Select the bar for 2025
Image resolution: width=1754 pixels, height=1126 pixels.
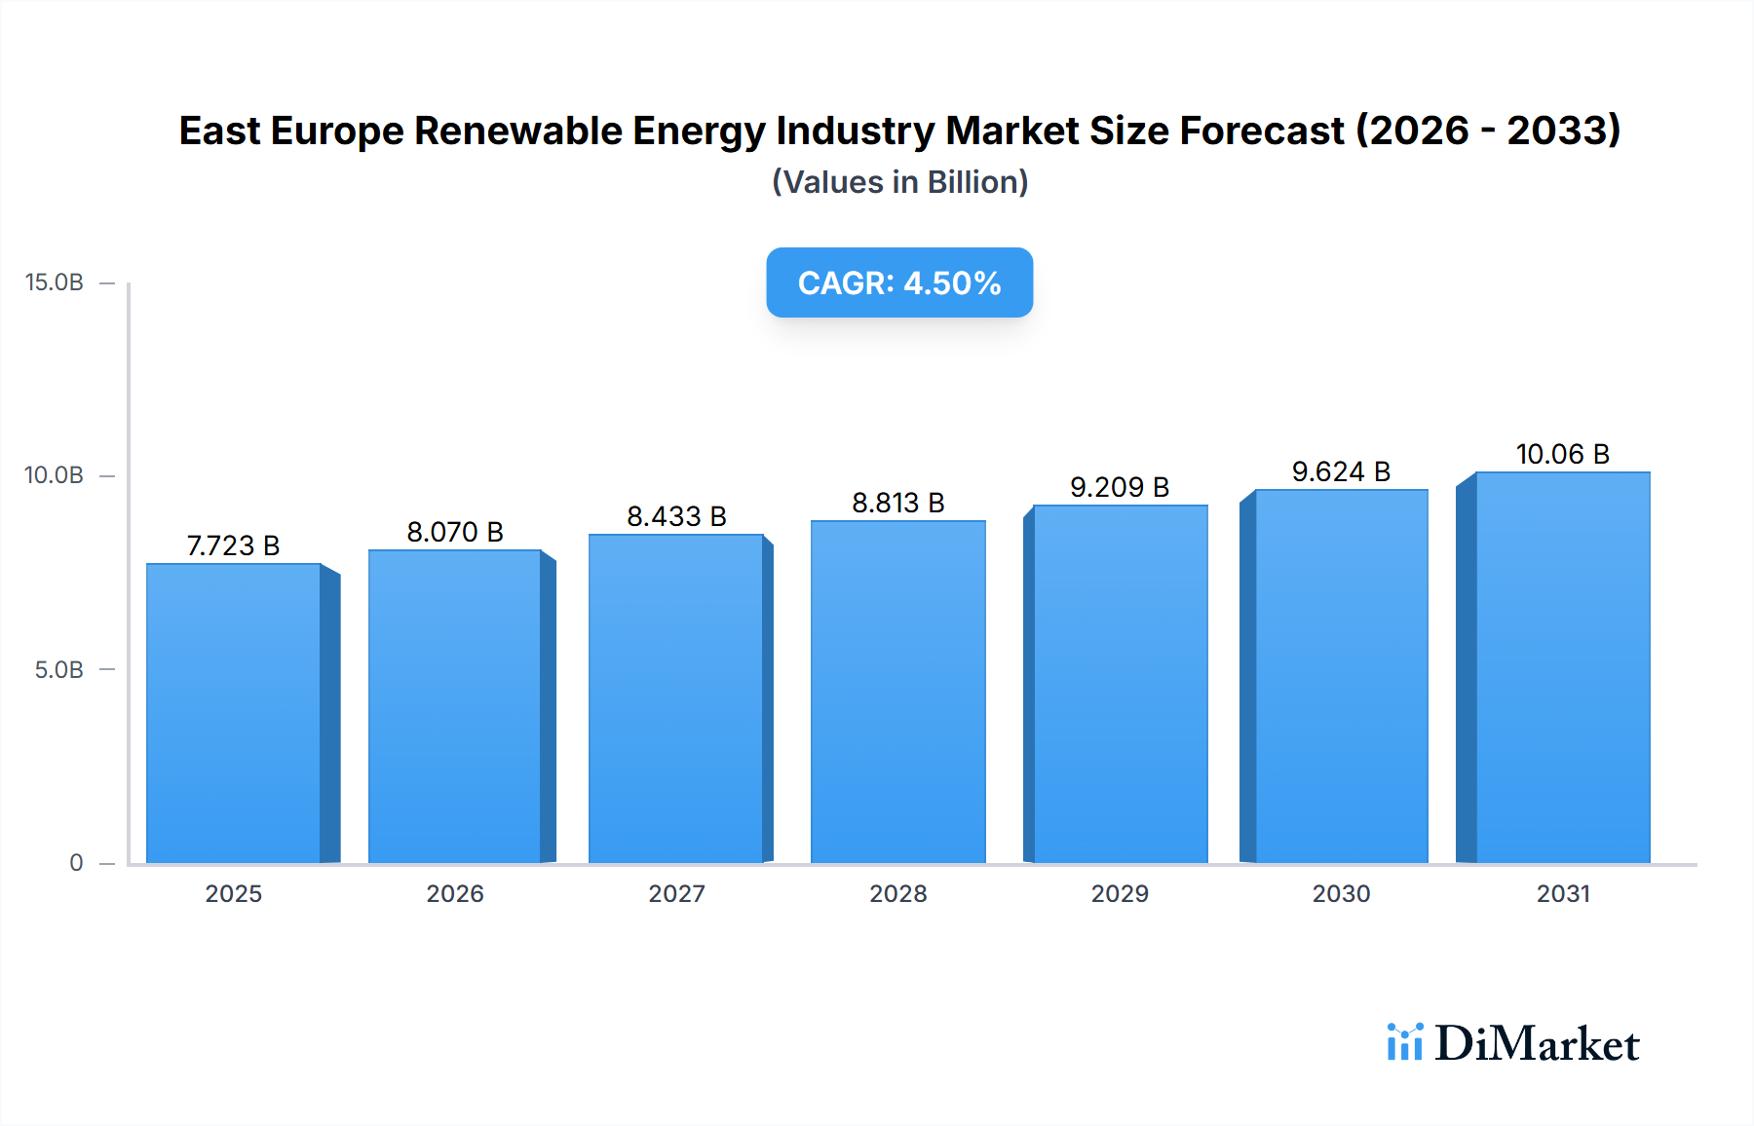pos(234,713)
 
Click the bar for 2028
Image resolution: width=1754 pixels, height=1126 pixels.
pos(897,692)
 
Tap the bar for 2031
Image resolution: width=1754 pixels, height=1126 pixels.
pos(1562,667)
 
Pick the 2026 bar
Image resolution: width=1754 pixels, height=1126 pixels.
pos(455,706)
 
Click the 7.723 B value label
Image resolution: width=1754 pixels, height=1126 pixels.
pos(234,545)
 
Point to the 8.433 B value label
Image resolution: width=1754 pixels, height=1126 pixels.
pos(676,516)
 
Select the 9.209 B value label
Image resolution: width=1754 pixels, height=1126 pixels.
pos(1120,487)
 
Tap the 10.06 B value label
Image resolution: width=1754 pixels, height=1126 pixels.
pos(1562,454)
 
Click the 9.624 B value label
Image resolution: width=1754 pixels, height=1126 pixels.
pos(1341,471)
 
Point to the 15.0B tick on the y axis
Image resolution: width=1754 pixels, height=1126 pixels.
pos(55,282)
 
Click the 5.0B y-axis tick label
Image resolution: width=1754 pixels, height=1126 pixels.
pos(59,670)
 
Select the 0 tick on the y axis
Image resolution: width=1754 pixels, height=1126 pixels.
pos(76,863)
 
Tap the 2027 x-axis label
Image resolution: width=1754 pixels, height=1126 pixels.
pos(676,893)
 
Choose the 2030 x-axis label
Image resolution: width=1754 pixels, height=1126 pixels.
pos(1341,893)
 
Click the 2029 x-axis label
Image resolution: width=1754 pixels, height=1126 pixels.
pos(1120,893)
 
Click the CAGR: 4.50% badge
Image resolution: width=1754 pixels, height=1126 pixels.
pos(899,282)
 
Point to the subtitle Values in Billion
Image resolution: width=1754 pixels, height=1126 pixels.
pos(899,182)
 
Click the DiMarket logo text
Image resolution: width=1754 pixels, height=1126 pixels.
pos(1537,1044)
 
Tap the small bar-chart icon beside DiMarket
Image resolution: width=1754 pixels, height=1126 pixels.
pos(1404,1042)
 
